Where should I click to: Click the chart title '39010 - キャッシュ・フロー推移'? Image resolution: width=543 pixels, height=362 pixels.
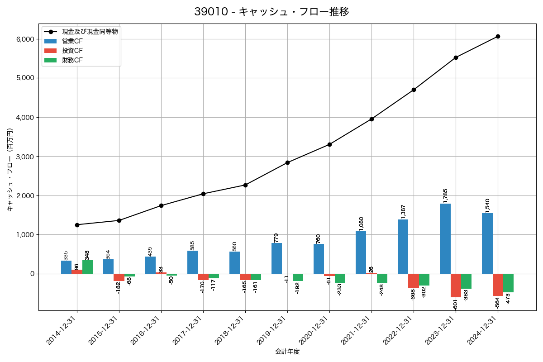click(x=271, y=12)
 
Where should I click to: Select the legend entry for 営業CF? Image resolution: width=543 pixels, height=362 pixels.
click(x=72, y=41)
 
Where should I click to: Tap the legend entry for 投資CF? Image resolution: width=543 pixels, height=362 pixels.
click(x=72, y=50)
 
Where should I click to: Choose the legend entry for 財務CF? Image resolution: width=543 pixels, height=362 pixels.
click(x=72, y=60)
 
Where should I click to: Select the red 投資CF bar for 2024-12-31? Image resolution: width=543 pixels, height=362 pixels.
click(x=498, y=285)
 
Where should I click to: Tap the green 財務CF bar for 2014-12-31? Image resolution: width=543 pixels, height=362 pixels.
click(x=87, y=267)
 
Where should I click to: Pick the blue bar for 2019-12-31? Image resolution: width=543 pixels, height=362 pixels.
click(x=276, y=258)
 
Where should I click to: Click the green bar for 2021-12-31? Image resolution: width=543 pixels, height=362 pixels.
click(x=382, y=278)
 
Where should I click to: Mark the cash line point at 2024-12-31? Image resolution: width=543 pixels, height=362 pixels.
click(x=498, y=36)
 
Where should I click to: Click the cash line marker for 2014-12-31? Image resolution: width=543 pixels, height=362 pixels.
click(x=77, y=225)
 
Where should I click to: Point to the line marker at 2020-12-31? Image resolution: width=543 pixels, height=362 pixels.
click(x=329, y=144)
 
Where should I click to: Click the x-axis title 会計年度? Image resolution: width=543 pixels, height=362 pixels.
click(x=287, y=352)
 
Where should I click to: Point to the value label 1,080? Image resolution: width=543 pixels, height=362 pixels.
click(x=361, y=224)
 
